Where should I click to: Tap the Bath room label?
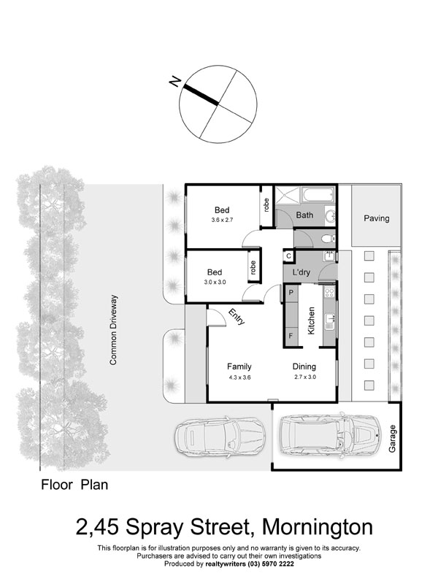point(304,215)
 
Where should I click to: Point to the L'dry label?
point(302,272)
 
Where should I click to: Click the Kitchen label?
point(310,321)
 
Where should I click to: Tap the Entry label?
point(237,317)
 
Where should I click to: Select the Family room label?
point(239,366)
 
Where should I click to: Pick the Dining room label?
point(305,366)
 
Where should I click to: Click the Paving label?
point(377,218)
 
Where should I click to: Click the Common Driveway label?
point(113,329)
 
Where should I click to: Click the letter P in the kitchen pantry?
point(291,293)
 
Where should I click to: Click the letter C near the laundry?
point(288,255)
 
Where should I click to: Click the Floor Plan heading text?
point(74,483)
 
